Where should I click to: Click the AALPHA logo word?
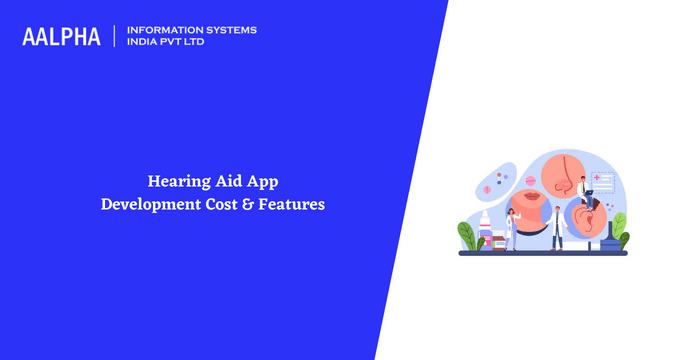62,37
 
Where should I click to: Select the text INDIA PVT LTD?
166,43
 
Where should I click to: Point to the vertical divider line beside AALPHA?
115,37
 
